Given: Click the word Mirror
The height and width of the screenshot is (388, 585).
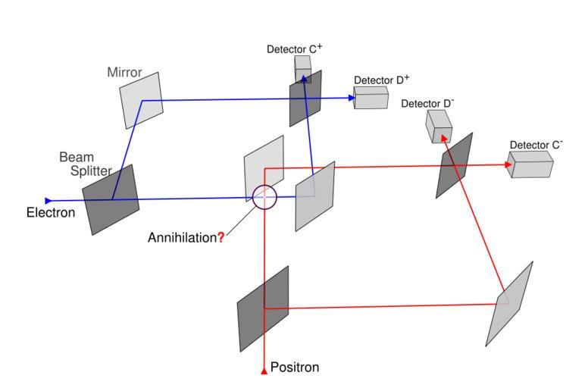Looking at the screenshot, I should pyautogui.click(x=124, y=72).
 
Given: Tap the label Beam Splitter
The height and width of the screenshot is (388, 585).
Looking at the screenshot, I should pyautogui.click(x=77, y=164).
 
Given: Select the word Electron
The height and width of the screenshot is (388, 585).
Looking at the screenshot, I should pyautogui.click(x=51, y=213).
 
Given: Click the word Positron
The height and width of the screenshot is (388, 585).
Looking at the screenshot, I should pyautogui.click(x=295, y=368).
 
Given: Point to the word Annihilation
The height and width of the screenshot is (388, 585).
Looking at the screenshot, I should pyautogui.click(x=182, y=237).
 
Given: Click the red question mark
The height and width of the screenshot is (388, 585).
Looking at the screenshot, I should pyautogui.click(x=221, y=237).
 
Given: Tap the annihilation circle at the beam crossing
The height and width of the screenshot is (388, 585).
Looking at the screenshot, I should pyautogui.click(x=264, y=197).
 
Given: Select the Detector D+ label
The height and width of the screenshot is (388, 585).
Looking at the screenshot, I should pyautogui.click(x=382, y=80).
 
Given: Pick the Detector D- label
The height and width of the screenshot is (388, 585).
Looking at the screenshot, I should pyautogui.click(x=427, y=103).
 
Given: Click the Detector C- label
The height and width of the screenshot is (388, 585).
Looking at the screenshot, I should pyautogui.click(x=536, y=144).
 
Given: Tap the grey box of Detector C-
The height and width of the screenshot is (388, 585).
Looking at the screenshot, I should pyautogui.click(x=531, y=164).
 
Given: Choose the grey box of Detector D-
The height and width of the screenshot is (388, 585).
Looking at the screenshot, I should pyautogui.click(x=439, y=126).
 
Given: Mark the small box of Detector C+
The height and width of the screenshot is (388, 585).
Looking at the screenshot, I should pyautogui.click(x=303, y=67).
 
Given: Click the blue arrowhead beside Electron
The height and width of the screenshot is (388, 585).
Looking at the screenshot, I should pyautogui.click(x=48, y=201).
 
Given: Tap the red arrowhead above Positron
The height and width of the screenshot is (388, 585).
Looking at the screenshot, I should pyautogui.click(x=264, y=371).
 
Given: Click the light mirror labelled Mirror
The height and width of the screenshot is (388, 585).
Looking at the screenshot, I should pyautogui.click(x=141, y=99).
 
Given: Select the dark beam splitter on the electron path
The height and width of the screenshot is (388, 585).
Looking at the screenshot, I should pyautogui.click(x=111, y=199).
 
